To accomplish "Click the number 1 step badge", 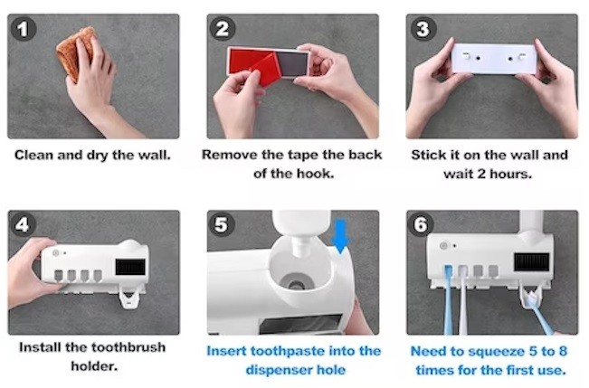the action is [x=24, y=29].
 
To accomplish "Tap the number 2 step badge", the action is [x=223, y=29].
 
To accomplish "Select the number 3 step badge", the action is [x=423, y=29].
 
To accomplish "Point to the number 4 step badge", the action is [x=23, y=224].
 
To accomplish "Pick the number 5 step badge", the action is [x=222, y=224].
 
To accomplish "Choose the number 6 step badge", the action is [x=421, y=224].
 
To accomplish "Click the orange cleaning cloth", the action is [x=75, y=52].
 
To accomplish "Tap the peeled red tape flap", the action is [x=266, y=71].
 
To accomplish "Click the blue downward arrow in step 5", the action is [x=341, y=237].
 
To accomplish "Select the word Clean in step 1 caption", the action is [x=34, y=155].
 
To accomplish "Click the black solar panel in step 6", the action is [x=531, y=261].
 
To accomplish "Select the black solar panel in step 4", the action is [x=130, y=266].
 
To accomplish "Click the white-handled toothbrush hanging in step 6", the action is [x=463, y=298].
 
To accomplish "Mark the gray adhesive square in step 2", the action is [x=292, y=64].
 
